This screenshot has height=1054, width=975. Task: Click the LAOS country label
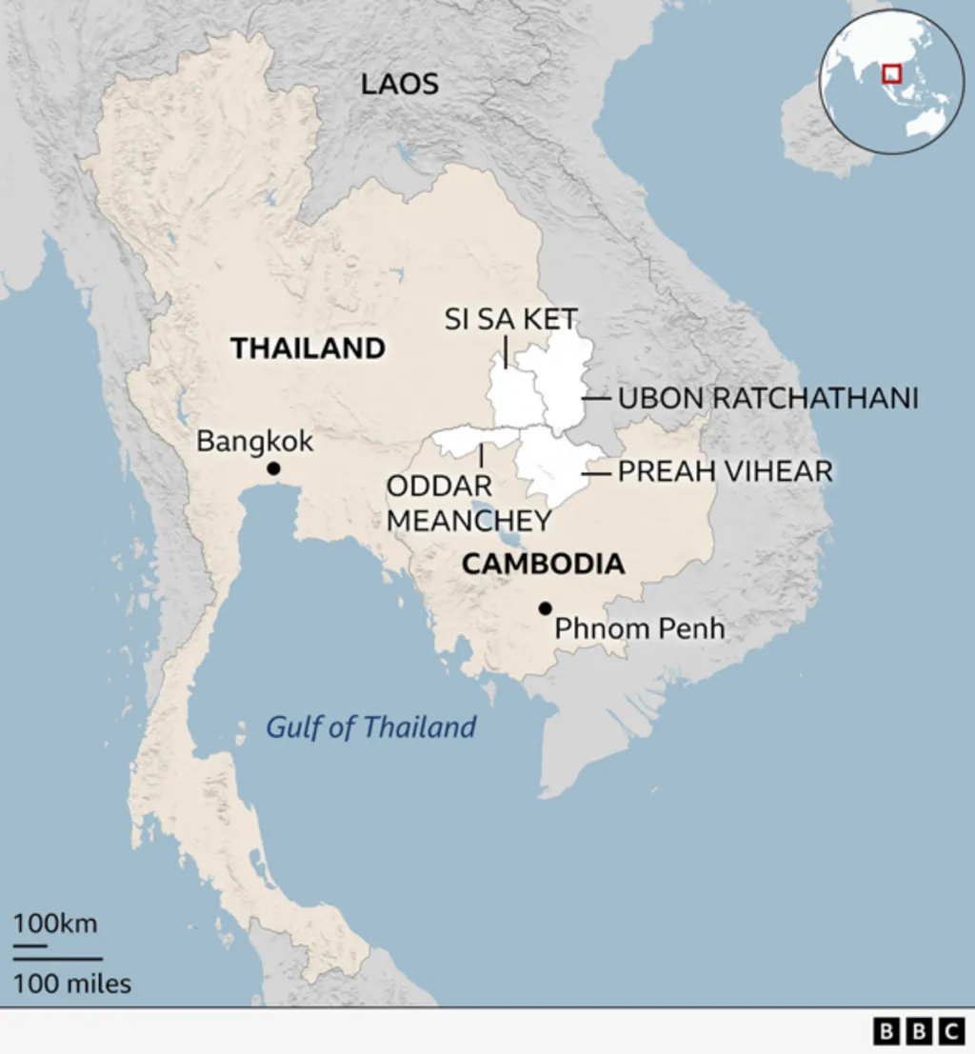click(400, 84)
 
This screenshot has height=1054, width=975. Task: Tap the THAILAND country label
click(308, 348)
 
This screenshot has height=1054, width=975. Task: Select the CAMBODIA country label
click(544, 564)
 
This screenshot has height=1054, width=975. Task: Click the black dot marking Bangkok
click(273, 468)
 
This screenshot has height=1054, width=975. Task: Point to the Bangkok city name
click(254, 441)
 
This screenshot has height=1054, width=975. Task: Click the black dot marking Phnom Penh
click(545, 607)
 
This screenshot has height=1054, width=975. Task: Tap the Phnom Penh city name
click(639, 628)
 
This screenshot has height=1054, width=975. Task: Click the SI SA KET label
click(511, 319)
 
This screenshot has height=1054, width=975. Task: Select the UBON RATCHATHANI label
click(768, 398)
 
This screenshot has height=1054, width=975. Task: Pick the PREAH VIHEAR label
click(726, 471)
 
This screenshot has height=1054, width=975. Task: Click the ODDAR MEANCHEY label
click(468, 504)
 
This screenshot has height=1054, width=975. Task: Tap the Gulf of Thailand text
click(370, 727)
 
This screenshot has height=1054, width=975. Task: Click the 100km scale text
click(55, 924)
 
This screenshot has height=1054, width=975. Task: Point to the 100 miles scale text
click(72, 984)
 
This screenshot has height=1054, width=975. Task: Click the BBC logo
click(918, 1030)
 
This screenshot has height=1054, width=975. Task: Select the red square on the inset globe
click(892, 73)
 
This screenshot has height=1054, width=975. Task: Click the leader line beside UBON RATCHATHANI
click(597, 398)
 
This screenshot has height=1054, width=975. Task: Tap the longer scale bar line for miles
click(58, 959)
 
